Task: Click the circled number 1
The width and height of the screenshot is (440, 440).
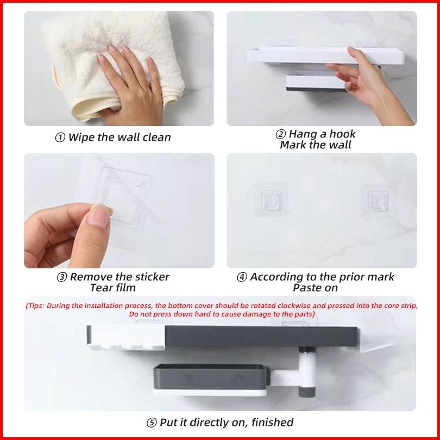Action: (x=60, y=137)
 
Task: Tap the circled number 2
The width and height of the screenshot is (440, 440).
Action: (x=280, y=134)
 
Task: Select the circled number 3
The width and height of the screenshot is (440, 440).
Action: (x=62, y=277)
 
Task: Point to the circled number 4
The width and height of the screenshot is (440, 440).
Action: (x=242, y=277)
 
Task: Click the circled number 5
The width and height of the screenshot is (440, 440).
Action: (x=152, y=423)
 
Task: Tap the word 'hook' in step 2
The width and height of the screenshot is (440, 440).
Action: (x=342, y=134)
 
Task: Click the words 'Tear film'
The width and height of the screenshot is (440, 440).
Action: (x=113, y=287)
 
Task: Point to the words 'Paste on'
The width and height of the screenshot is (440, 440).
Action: (x=315, y=287)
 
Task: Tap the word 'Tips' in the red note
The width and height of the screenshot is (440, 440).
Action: (x=36, y=306)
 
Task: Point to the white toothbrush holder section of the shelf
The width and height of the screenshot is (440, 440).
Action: (x=126, y=338)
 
